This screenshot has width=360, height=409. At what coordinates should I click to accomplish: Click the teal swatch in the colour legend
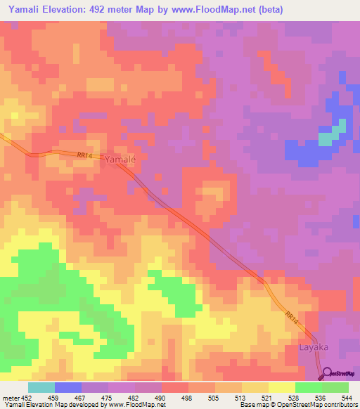tap(41, 387)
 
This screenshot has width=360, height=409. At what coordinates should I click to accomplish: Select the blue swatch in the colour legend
tap(68, 387)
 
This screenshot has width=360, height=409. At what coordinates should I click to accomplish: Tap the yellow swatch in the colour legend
tap(282, 387)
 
